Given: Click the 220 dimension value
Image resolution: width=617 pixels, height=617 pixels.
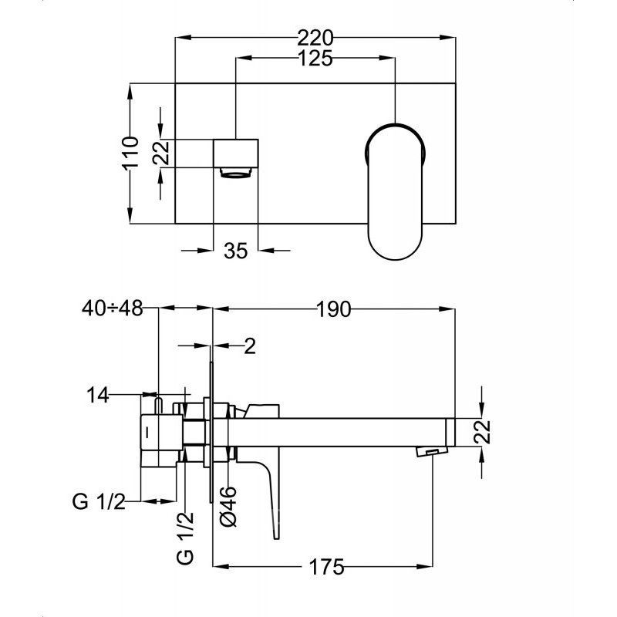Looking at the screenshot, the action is coord(315,38).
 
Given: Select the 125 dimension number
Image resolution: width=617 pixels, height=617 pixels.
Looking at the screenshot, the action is coord(315,59).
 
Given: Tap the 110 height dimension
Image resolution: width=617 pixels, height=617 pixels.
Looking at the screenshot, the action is coord(130,153).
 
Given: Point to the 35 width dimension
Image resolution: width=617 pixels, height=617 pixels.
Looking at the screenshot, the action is coord(236,250).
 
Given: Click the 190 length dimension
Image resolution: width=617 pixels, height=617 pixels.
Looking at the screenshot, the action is coord(333,309).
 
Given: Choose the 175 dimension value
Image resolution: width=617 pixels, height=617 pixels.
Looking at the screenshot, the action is coord(326,567).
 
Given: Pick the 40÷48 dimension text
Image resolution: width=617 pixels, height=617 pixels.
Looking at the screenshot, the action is coord(112,308).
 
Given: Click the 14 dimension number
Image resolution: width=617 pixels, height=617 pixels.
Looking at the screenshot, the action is coord(98,395).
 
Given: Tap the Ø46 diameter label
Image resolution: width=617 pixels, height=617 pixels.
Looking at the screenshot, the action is coord(228,507).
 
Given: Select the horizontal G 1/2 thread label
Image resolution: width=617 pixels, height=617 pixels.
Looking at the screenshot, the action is coord(99,502).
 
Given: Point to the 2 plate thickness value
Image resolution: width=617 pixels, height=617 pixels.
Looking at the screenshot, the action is coord(250,346).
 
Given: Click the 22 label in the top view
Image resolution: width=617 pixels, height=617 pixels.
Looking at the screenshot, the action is coord(161,153).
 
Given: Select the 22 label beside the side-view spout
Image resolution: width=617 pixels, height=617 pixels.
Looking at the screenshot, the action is coord(483,432).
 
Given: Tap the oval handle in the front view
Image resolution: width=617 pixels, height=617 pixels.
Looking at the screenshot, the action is coord(396,191).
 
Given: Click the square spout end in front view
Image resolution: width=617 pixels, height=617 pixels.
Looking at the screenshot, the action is coord(236,153).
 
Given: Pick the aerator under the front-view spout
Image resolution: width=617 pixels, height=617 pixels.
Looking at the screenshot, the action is coord(236,173).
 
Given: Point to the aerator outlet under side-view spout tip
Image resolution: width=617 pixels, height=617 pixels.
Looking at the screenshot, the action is coord(431,451).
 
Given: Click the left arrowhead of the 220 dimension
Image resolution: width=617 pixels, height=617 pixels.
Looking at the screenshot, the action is coord(183,38).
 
